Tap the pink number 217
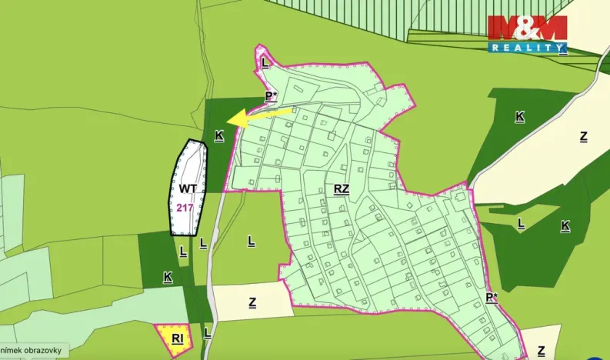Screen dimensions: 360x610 (x=185, y=207)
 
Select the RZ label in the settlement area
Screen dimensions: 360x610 (x=342, y=188)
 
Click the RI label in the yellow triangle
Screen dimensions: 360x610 (x=178, y=338)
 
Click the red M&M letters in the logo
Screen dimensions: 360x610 (x=527, y=28)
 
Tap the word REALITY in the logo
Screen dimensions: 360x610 (x=528, y=48)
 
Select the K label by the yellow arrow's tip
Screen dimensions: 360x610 (x=219, y=135)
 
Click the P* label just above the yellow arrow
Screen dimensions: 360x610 (x=271, y=96)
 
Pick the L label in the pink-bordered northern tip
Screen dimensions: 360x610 (x=264, y=62)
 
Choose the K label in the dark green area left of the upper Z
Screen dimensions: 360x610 (x=520, y=117)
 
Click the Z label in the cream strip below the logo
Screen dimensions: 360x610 (x=584, y=137)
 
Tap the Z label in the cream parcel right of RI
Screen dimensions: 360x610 (x=252, y=302)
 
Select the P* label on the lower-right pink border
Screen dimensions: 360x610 (x=492, y=298)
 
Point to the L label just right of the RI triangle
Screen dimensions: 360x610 (x=207, y=333)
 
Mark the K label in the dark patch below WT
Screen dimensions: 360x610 (x=167, y=276)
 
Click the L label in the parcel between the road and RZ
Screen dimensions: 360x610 (x=251, y=241)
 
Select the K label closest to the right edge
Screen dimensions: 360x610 (x=565, y=225)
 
